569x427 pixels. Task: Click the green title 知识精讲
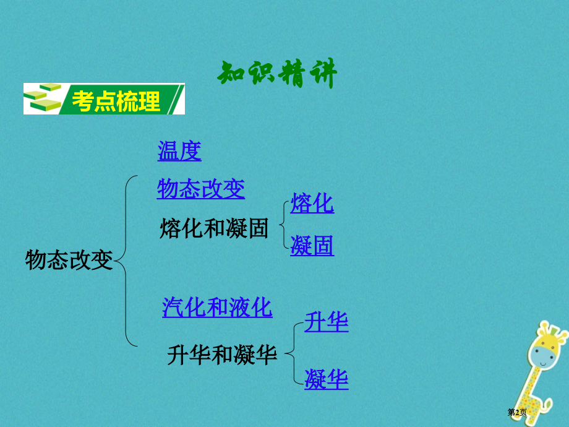[277, 75]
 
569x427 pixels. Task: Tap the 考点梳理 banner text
[116, 100]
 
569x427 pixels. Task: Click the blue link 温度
[179, 151]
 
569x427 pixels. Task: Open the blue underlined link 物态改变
[201, 189]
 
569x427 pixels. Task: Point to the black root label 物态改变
[69, 261]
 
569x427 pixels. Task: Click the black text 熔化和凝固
[214, 228]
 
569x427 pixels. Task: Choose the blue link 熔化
[312, 203]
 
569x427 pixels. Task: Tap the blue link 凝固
[312, 246]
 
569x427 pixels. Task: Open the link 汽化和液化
[217, 307]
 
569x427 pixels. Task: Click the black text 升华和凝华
[222, 355]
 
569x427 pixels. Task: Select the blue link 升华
[327, 322]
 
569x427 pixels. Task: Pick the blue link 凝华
[327, 379]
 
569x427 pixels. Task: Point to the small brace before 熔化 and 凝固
[283, 224]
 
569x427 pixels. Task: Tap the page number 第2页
[517, 413]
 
